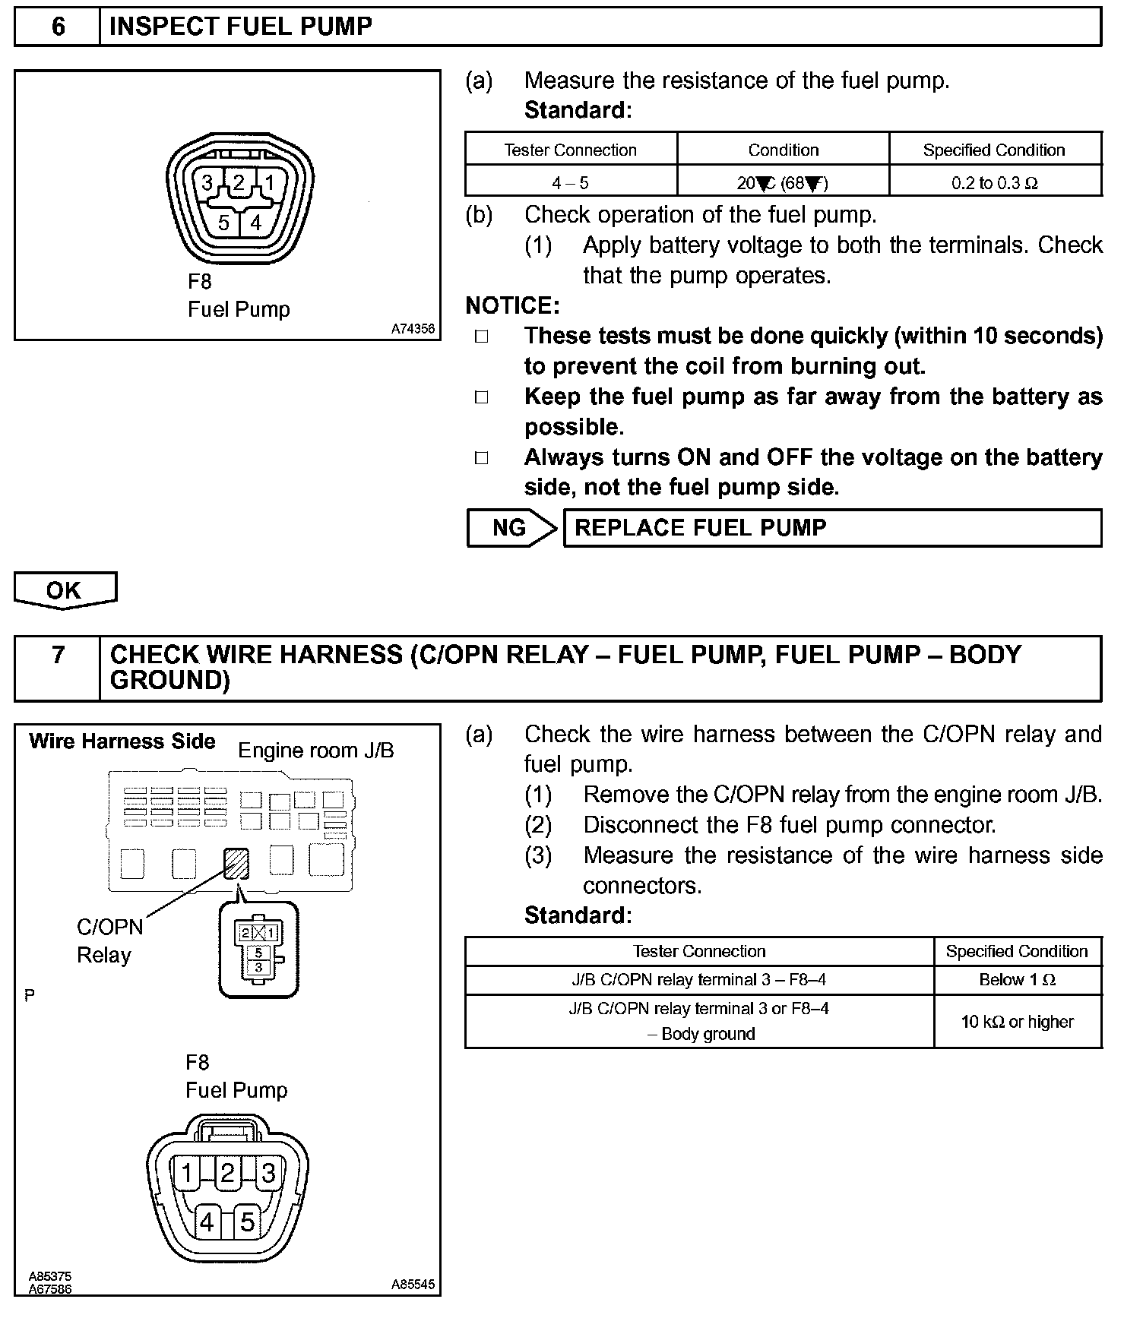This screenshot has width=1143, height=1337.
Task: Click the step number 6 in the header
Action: (58, 27)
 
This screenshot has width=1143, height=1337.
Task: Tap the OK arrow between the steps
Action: (65, 590)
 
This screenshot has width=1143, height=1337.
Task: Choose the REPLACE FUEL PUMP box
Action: (831, 528)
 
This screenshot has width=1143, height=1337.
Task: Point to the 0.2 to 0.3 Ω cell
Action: (994, 183)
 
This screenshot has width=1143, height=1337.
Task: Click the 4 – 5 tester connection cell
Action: (570, 183)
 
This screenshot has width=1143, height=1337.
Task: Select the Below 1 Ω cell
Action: (1017, 980)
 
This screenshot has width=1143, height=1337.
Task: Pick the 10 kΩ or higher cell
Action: (1017, 1022)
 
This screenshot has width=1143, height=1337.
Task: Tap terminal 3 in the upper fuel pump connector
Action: (207, 183)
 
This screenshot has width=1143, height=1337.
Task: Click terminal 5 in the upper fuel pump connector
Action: (223, 223)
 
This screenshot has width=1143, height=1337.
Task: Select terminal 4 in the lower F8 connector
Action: (207, 1222)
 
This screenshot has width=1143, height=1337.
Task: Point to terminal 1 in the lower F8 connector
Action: (187, 1174)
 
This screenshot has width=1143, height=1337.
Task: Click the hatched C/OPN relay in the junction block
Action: (236, 863)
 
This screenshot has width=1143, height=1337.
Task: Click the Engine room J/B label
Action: (316, 751)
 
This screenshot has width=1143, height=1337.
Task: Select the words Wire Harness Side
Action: (122, 741)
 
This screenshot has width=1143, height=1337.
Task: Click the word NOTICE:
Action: (512, 305)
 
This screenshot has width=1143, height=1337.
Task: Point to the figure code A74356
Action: (413, 329)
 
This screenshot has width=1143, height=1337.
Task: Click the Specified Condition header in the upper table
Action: (994, 150)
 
